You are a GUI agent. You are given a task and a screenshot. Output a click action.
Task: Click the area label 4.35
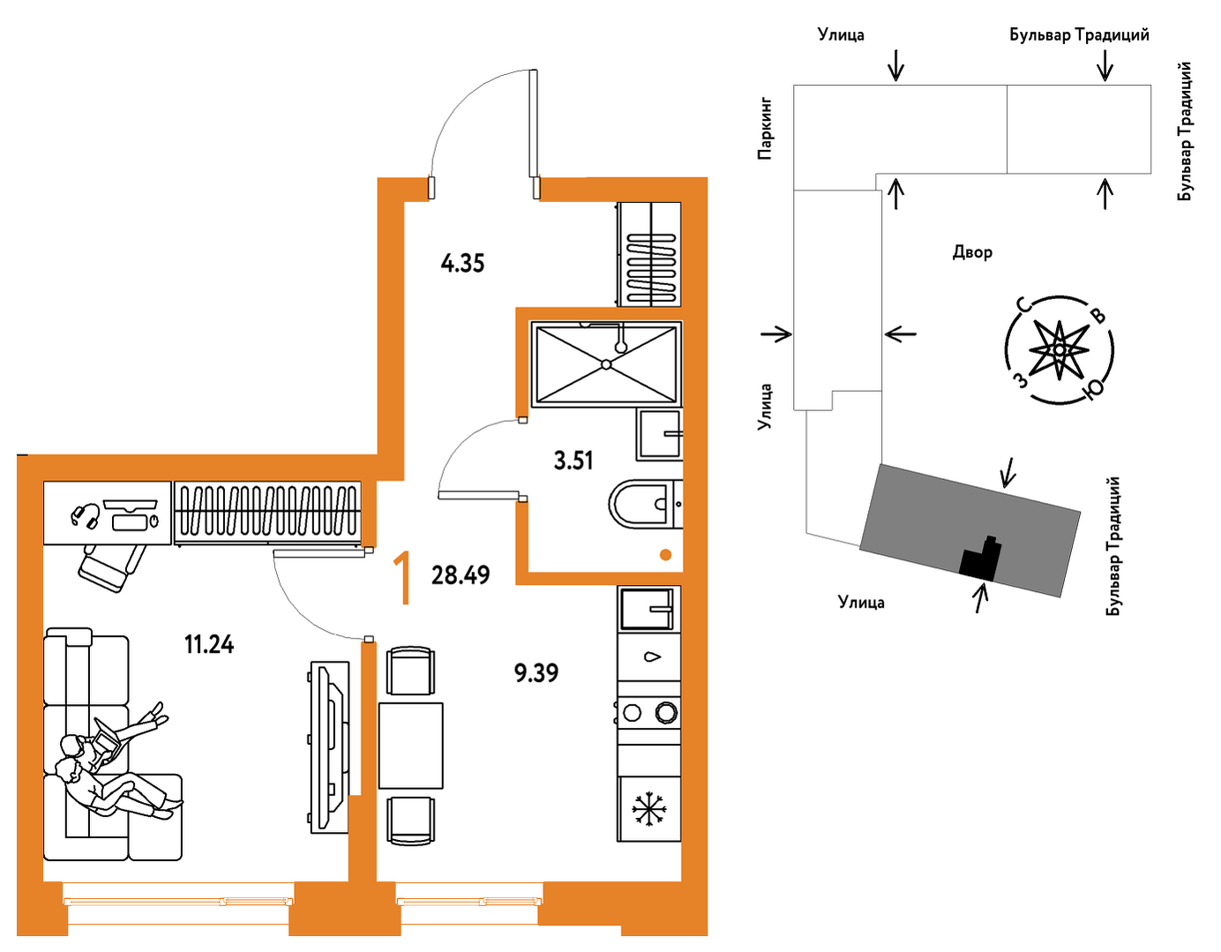[x=462, y=263]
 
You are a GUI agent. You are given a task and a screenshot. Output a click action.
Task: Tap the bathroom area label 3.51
[x=573, y=461]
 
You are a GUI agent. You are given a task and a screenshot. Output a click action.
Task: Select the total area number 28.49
[x=461, y=575]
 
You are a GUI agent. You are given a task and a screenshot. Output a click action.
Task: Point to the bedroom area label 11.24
[x=209, y=644]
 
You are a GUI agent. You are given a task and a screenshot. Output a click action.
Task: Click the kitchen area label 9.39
[x=536, y=672]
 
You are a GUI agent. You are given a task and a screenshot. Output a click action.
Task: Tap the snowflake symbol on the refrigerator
[x=649, y=809]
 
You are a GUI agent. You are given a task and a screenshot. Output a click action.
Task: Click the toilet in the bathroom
[x=645, y=504]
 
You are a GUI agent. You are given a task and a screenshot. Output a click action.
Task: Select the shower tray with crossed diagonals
[x=606, y=364]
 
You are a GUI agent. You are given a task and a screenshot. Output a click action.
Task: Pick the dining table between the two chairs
[x=411, y=746]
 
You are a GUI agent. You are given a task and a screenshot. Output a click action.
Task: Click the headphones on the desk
[x=86, y=515]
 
